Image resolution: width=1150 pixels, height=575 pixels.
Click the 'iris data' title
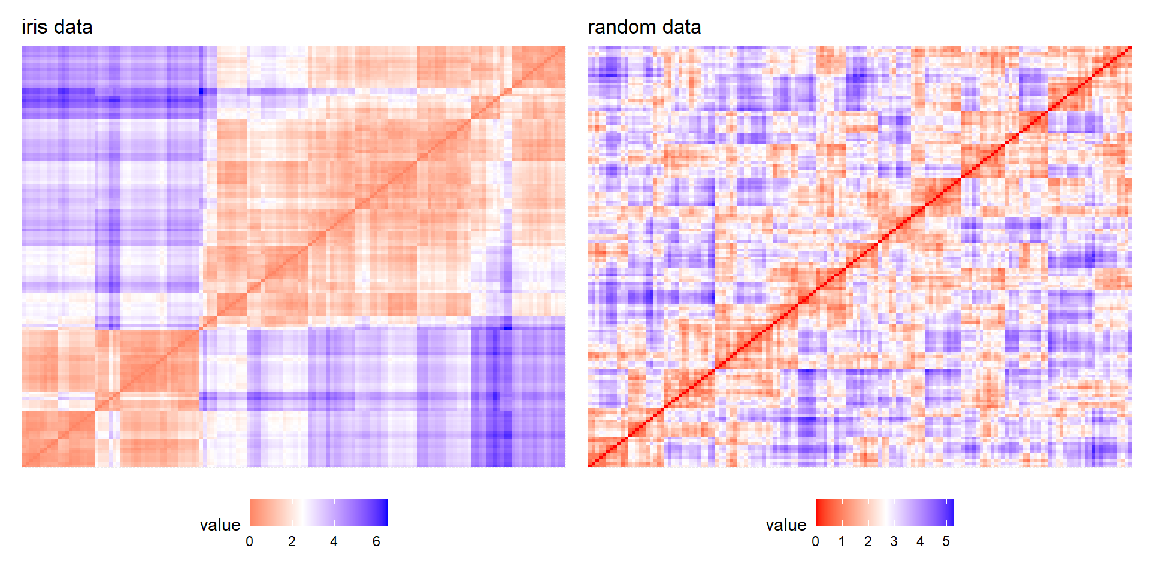pyautogui.click(x=57, y=27)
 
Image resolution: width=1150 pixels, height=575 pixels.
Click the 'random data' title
pyautogui.click(x=644, y=27)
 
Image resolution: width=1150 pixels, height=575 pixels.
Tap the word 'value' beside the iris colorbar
pyautogui.click(x=220, y=525)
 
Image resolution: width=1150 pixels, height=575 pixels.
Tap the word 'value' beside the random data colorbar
pyautogui.click(x=786, y=525)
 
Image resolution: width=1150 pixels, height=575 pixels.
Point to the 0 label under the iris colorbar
pyautogui.click(x=249, y=541)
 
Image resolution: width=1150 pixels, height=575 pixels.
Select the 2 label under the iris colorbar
pyautogui.click(x=292, y=541)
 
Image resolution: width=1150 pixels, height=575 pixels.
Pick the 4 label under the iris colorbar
pyautogui.click(x=334, y=541)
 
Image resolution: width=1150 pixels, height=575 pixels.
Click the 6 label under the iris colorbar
pyautogui.click(x=376, y=541)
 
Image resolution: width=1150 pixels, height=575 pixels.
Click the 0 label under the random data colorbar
pyautogui.click(x=815, y=541)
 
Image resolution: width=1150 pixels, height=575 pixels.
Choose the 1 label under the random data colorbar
pyautogui.click(x=842, y=541)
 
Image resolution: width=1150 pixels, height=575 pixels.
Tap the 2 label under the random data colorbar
pyautogui.click(x=868, y=541)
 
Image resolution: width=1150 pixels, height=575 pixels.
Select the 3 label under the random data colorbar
pyautogui.click(x=894, y=541)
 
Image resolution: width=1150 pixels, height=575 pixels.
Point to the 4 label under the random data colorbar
pyautogui.click(x=920, y=541)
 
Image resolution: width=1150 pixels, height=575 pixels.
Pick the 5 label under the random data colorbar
pyautogui.click(x=946, y=541)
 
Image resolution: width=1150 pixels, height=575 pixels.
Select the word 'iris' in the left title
pyautogui.click(x=34, y=27)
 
